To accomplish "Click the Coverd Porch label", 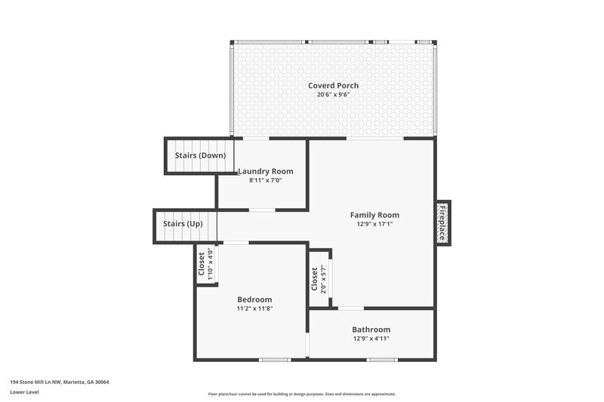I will [333, 85].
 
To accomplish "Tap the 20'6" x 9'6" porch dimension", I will [333, 95].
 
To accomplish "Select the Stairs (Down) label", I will [200, 155].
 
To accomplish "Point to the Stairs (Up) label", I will [182, 224].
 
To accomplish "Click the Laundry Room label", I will [265, 171].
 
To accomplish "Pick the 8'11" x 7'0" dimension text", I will [265, 181].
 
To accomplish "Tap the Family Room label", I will [374, 215].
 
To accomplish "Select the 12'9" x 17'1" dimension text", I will [374, 224].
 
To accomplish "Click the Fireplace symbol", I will [442, 222].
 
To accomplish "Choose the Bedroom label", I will [254, 299].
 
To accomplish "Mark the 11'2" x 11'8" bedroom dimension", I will [254, 308].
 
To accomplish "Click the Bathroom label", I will [371, 330].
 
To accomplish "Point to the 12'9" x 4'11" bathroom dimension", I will [371, 339].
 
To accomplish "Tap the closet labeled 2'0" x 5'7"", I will [318, 278].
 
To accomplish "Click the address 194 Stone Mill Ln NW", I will [60, 382].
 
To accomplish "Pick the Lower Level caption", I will [25, 392].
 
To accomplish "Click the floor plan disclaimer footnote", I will [302, 394].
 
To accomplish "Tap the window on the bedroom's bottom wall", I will [275, 360].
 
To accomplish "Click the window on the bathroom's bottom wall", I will [381, 360].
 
